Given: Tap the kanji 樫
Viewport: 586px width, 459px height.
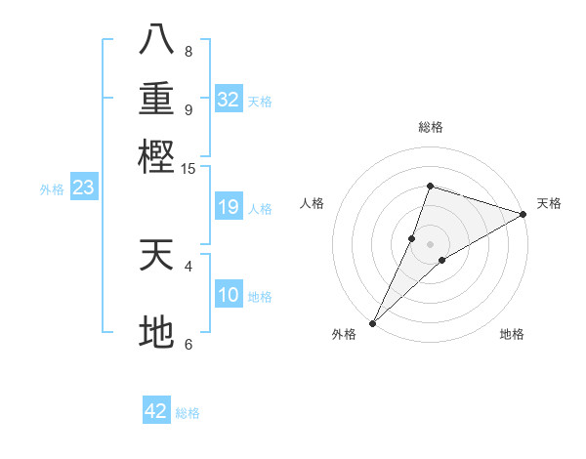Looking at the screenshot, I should point(156,155).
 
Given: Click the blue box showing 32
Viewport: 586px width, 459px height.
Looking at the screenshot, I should point(229,100).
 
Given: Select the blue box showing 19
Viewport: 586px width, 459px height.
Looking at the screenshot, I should point(229,207).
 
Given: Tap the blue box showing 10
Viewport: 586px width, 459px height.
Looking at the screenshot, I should point(229,295).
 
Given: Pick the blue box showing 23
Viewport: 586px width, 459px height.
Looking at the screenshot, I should point(83,188).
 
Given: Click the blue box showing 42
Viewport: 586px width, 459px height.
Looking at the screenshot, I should point(156,411).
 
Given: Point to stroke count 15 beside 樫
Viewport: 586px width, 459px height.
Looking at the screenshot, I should point(188,169).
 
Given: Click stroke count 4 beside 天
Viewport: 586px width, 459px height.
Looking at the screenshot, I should point(188,265).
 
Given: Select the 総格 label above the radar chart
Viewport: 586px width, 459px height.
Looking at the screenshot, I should point(430,127).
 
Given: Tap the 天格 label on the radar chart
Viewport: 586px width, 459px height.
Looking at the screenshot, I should point(549,203).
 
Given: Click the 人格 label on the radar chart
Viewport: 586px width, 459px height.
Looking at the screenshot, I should point(313,203).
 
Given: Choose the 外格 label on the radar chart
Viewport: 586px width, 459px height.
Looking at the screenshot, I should point(344,334).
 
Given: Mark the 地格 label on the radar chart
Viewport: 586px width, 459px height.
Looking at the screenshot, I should point(512,334).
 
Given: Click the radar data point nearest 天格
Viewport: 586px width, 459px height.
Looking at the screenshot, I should point(523,214).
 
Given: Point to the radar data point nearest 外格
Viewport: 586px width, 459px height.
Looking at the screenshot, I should point(372,322).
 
